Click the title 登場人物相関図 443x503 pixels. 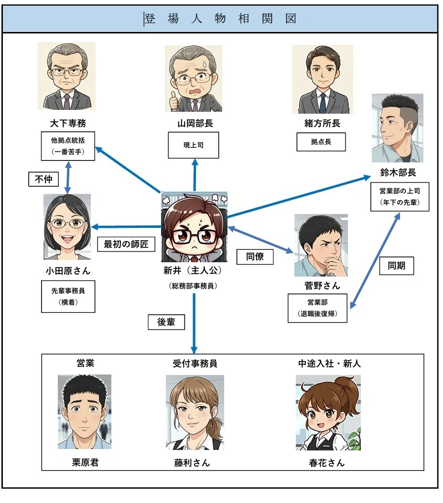click(x=220, y=19)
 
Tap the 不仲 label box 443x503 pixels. click(x=43, y=179)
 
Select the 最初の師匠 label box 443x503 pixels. click(x=126, y=244)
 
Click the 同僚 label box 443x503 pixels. click(x=255, y=257)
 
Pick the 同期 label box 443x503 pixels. click(x=397, y=266)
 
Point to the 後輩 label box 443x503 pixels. click(x=166, y=322)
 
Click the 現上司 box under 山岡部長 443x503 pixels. click(x=194, y=145)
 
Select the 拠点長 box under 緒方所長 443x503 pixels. click(x=321, y=142)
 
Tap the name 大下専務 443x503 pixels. click(x=68, y=123)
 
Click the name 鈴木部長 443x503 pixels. click(x=398, y=172)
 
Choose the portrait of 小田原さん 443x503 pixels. click(x=67, y=227)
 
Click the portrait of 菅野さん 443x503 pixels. click(x=321, y=246)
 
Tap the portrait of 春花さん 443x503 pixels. click(x=328, y=413)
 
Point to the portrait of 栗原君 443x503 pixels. click(x=85, y=412)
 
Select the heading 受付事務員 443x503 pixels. click(x=195, y=364)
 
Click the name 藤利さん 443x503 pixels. click(x=192, y=462)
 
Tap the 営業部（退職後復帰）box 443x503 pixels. click(x=317, y=308)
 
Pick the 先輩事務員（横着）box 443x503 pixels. click(x=68, y=297)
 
